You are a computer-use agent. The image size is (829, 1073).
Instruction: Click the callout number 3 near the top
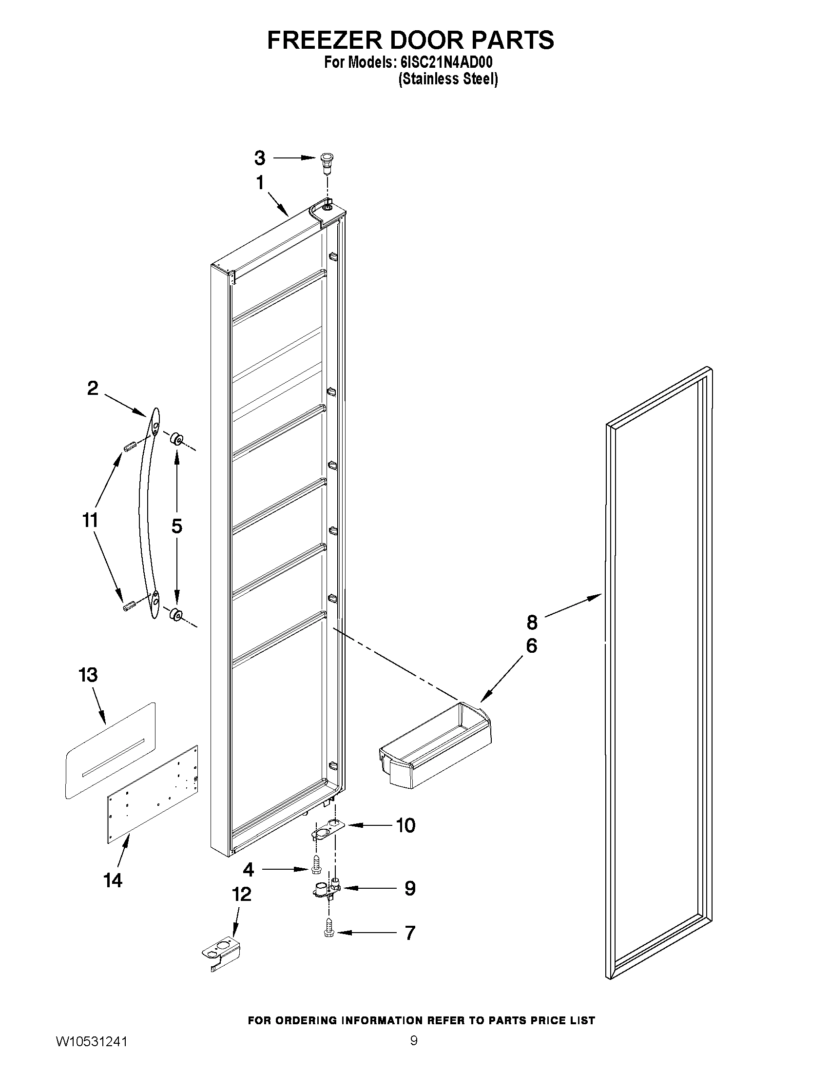[260, 158]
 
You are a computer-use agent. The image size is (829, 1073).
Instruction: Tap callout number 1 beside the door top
[260, 183]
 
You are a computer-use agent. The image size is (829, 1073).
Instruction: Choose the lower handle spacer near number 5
[175, 614]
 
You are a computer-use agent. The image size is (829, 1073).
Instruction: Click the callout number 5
[177, 526]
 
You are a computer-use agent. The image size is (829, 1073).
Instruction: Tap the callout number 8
[532, 622]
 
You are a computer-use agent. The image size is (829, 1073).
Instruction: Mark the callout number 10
[405, 825]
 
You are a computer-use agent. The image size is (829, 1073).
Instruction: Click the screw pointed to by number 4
[316, 870]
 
